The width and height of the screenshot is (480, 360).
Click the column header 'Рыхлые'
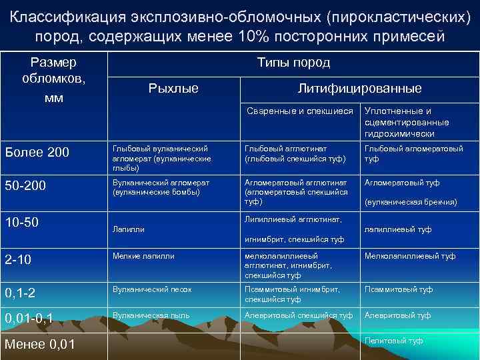(x=173, y=88)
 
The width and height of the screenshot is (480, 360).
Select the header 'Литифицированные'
(x=359, y=88)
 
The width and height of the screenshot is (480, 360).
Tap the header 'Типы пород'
(x=293, y=63)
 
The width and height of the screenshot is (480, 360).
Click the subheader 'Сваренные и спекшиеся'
(x=299, y=111)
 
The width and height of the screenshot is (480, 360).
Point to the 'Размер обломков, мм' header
(x=53, y=81)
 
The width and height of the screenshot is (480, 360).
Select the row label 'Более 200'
(x=37, y=153)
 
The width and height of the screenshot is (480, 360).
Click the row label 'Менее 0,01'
(x=39, y=345)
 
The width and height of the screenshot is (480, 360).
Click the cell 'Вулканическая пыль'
(x=151, y=315)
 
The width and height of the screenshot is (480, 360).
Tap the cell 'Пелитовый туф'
(x=394, y=341)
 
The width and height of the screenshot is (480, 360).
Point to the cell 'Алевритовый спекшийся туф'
(x=299, y=315)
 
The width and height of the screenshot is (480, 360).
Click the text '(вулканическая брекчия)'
(x=411, y=202)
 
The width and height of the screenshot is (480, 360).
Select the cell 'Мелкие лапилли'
(x=143, y=255)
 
